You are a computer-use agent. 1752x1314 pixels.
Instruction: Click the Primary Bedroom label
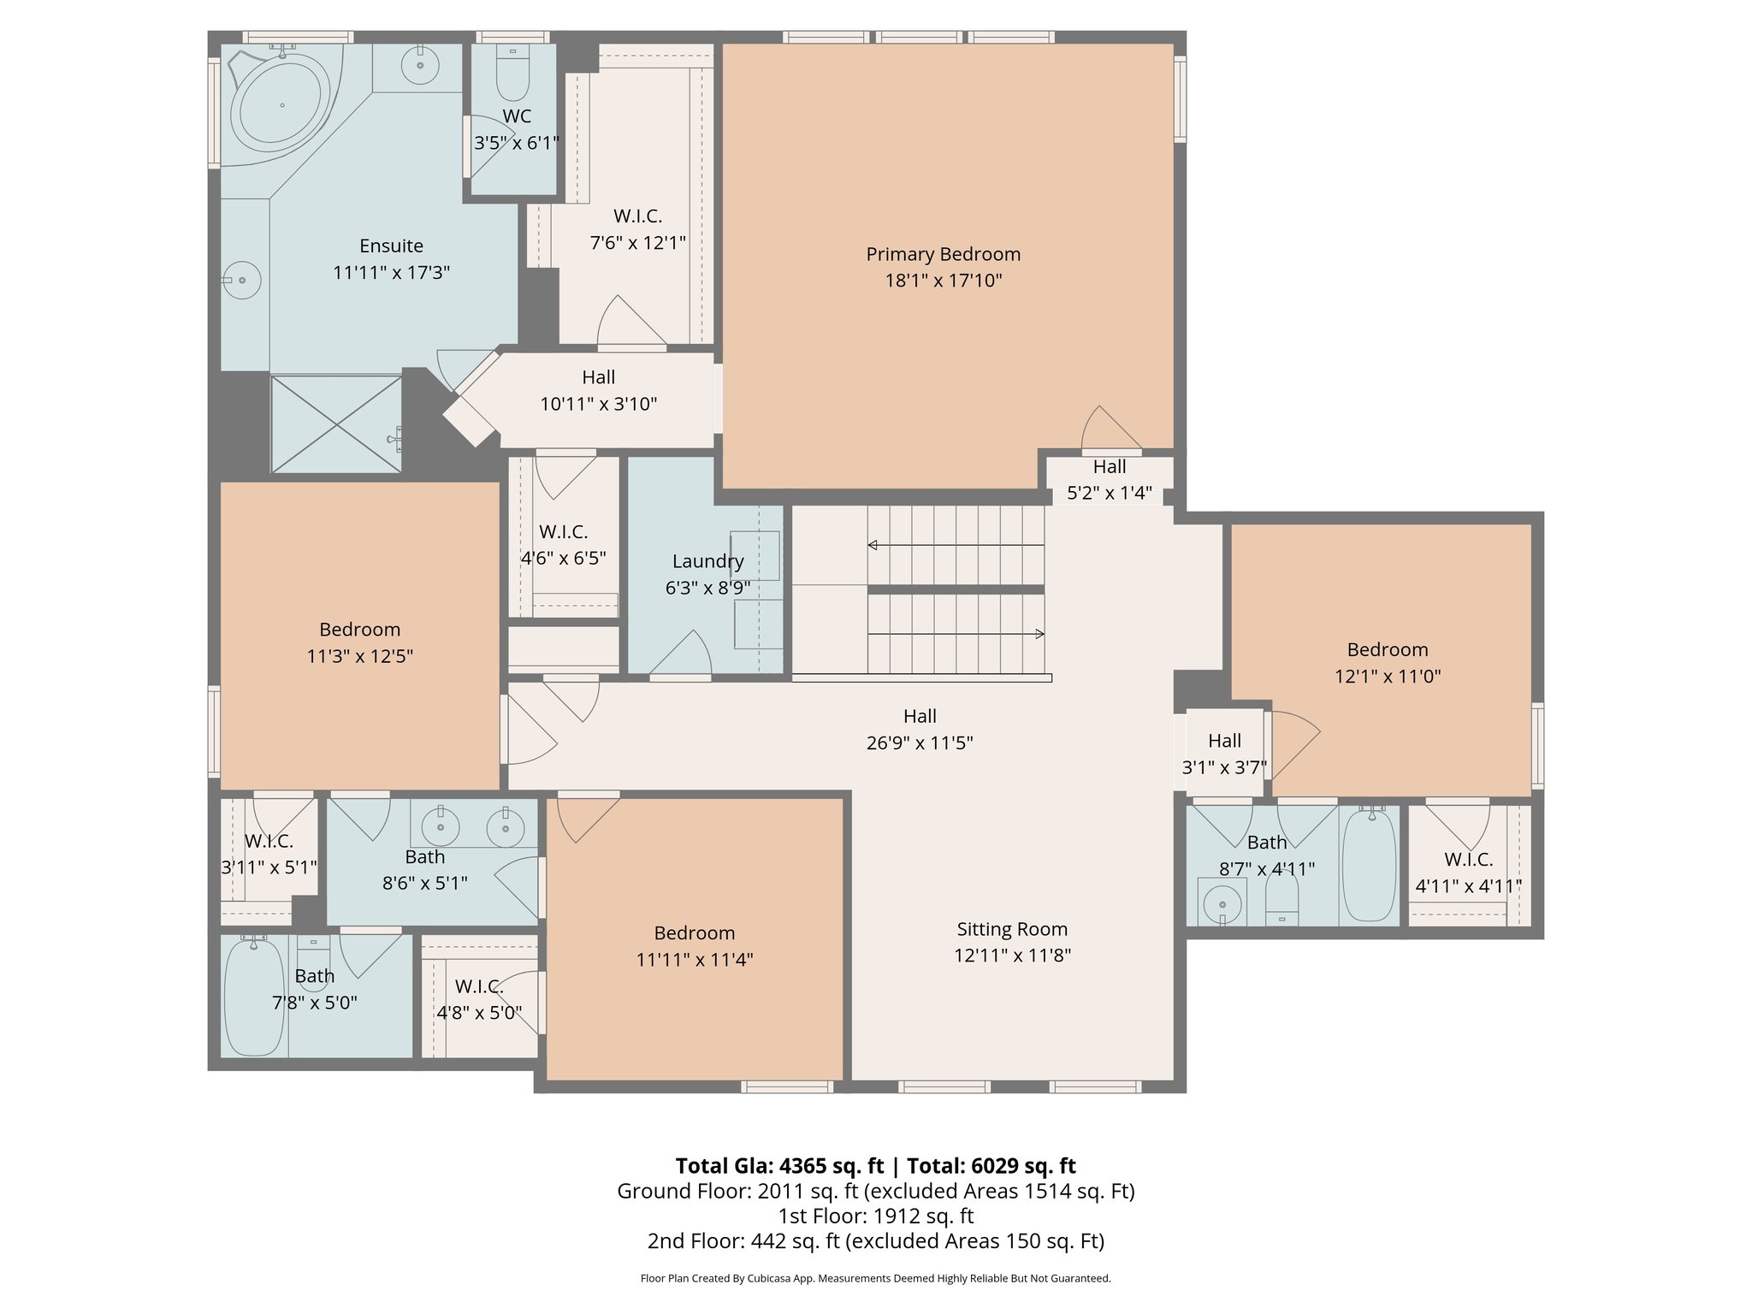tap(943, 254)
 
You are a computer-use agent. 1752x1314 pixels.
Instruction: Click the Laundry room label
tap(707, 561)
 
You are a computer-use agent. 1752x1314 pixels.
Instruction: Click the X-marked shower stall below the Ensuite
tap(335, 423)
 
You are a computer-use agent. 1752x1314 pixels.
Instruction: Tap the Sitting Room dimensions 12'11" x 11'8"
tap(1012, 955)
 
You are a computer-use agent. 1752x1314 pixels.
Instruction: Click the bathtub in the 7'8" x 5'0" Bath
tap(253, 997)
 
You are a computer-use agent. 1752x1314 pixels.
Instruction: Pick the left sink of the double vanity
tap(441, 827)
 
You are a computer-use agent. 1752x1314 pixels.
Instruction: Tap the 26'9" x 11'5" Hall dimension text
tap(920, 743)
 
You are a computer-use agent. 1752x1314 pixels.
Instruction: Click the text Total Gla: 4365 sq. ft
tap(778, 1166)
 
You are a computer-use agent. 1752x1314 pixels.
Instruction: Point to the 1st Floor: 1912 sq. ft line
tap(875, 1216)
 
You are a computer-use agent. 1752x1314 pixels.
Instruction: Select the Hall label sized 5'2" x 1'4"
tap(1109, 467)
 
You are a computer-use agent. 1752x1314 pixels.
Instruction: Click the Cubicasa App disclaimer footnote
tap(875, 1278)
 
